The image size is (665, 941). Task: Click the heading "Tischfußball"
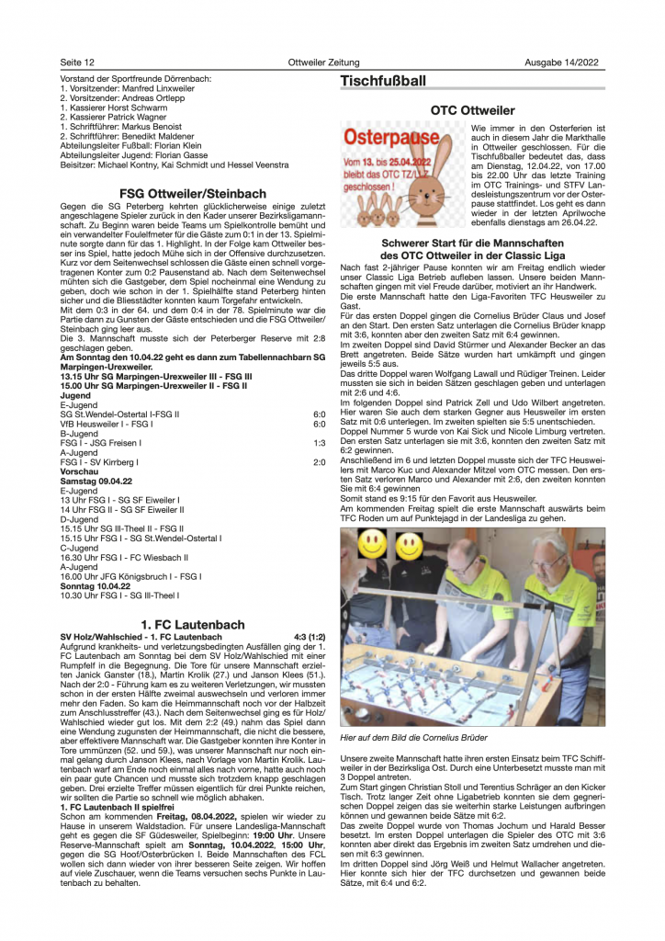coord(383,82)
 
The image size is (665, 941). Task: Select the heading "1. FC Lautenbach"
coord(192,625)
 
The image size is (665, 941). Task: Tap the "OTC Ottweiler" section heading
coord(472,111)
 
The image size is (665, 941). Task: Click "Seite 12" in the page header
coord(78,62)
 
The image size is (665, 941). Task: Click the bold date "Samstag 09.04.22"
coord(94,482)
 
